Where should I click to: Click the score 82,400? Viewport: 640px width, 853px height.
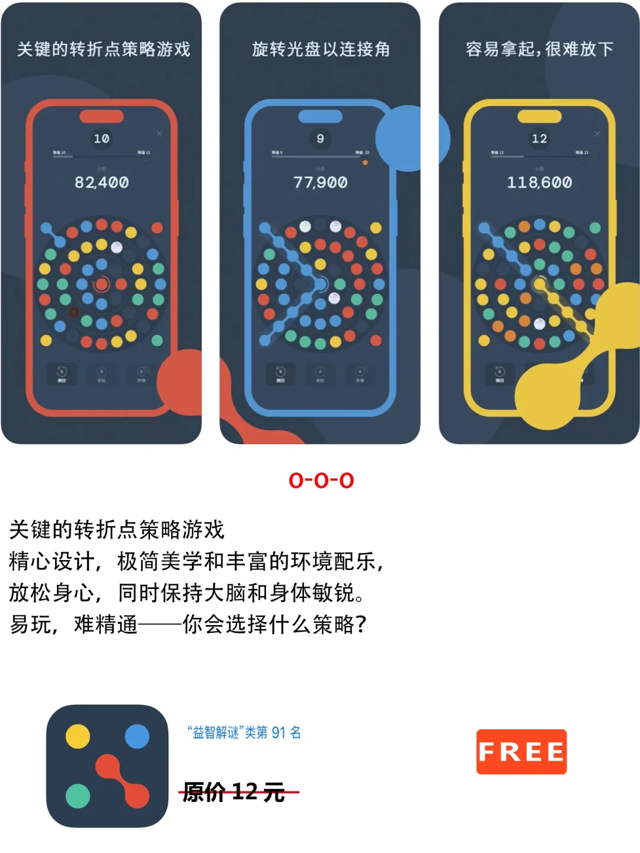[x=101, y=182]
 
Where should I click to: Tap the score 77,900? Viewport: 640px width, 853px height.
[x=320, y=182]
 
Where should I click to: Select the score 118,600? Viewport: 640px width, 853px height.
[x=539, y=182]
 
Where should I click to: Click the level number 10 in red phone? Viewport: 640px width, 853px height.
[x=101, y=139]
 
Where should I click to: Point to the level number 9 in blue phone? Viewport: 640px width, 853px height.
[x=320, y=139]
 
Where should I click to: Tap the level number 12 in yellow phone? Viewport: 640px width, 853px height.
[x=539, y=139]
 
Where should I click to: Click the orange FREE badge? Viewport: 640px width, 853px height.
[x=521, y=752]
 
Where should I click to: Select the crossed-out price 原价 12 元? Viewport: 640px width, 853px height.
[x=233, y=791]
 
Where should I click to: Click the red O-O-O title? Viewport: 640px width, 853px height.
[x=321, y=480]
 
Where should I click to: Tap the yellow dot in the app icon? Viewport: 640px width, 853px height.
[x=78, y=736]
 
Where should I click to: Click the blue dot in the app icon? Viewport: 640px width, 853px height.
[x=137, y=736]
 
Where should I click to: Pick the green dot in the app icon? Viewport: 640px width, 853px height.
[x=78, y=796]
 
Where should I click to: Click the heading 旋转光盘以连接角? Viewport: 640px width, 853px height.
[x=321, y=49]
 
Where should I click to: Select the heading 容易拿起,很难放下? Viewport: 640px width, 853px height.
[x=539, y=49]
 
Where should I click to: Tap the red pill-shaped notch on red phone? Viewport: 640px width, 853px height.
[x=101, y=116]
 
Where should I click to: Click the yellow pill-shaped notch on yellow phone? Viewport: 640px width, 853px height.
[x=539, y=116]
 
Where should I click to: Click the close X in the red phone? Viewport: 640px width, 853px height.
[x=159, y=134]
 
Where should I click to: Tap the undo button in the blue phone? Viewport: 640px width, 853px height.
[x=281, y=374]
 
